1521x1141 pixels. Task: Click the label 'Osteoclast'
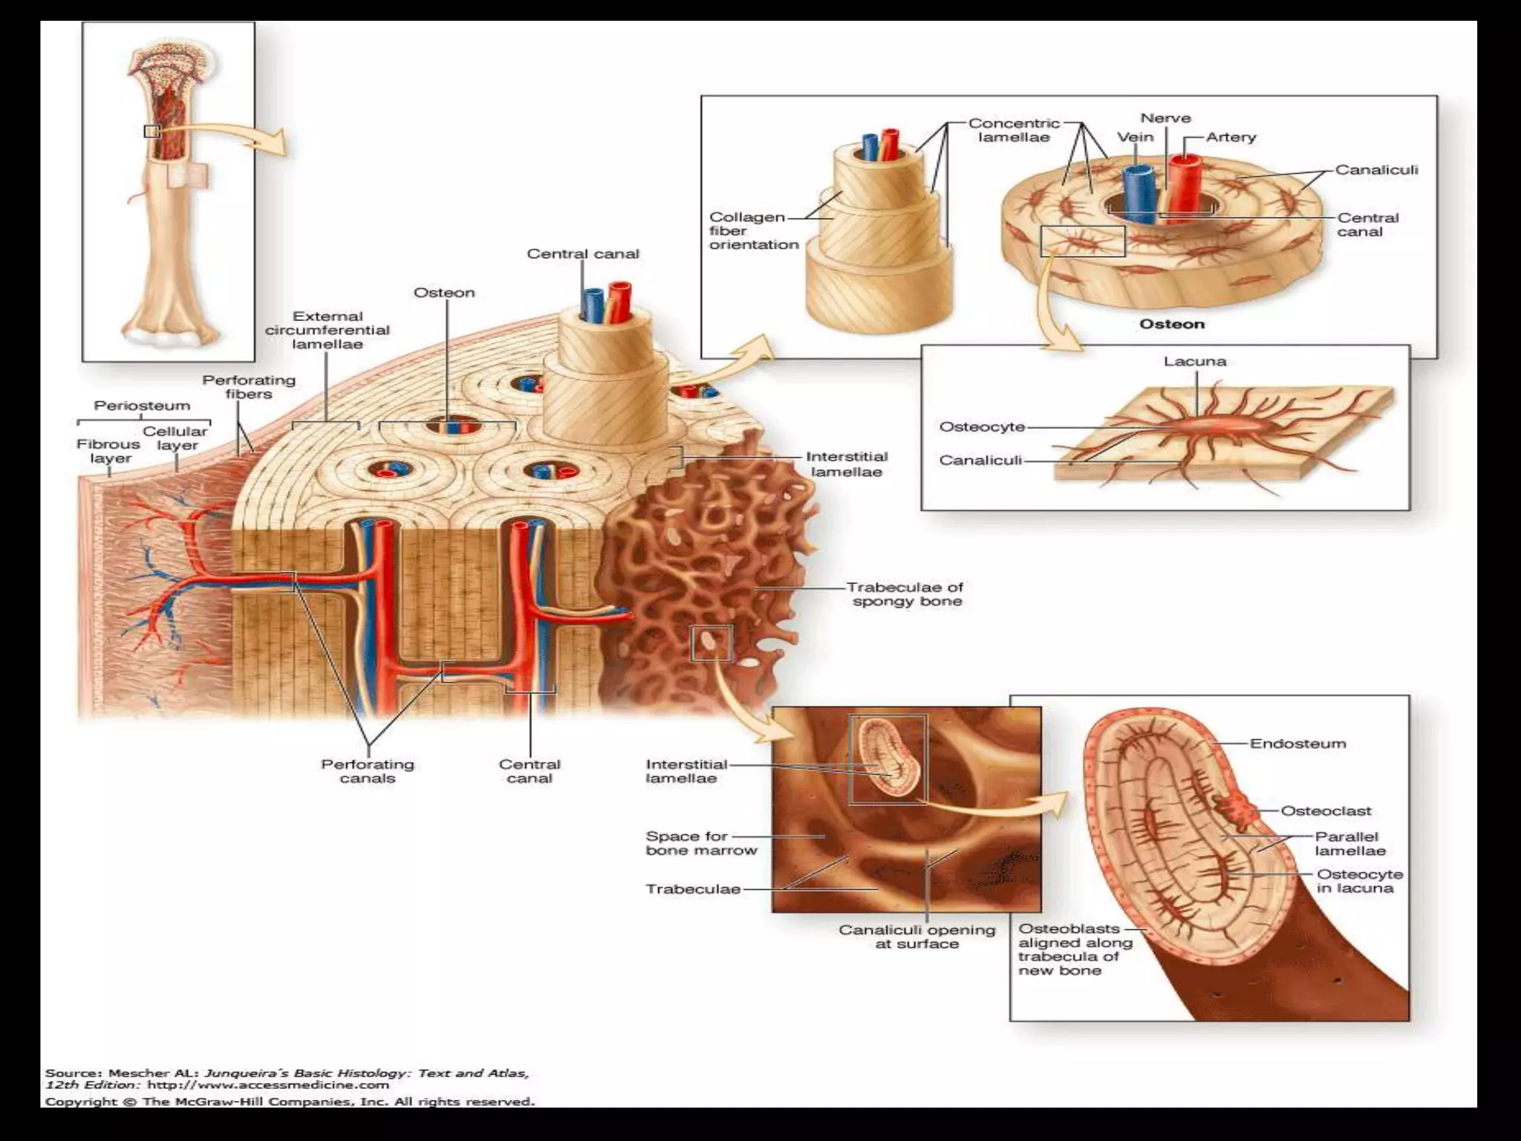tap(1326, 811)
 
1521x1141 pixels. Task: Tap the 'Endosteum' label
tap(1297, 744)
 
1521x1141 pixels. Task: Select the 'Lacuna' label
tap(1195, 362)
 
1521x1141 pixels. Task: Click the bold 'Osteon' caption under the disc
tap(1171, 324)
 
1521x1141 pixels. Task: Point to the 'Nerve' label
tap(1165, 118)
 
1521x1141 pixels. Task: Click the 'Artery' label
tap(1231, 137)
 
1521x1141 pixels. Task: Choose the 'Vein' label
tap(1136, 137)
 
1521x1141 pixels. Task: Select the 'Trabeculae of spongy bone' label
tap(906, 594)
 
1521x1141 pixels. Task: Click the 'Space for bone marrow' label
tap(700, 843)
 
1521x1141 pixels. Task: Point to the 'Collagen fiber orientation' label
tap(753, 231)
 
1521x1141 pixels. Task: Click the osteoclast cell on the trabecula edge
tap(1233, 811)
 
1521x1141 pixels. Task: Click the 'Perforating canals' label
tap(367, 771)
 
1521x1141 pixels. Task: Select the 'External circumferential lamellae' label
tap(327, 330)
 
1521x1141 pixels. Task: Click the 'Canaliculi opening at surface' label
tap(916, 937)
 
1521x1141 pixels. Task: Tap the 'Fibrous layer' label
tap(108, 451)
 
